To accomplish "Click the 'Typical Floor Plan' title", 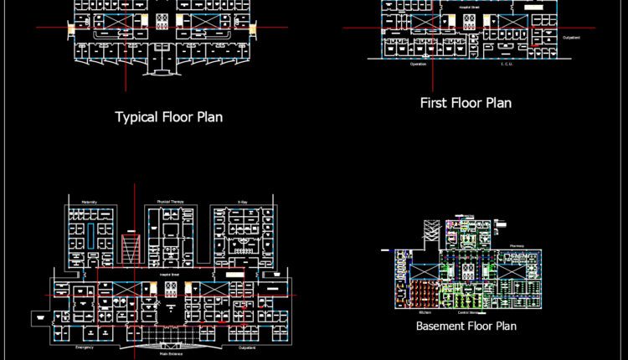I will point(168,117).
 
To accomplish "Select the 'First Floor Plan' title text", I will point(466,103).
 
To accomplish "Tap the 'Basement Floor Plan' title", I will point(466,326).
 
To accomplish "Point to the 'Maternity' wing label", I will point(90,202).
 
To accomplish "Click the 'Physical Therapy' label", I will point(170,202).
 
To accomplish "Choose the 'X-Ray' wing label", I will point(242,202).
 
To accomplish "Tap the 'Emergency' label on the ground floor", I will point(85,347).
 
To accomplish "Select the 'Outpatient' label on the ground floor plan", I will point(246,347).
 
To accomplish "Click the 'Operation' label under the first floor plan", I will point(418,64).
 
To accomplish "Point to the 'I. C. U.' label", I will point(507,64).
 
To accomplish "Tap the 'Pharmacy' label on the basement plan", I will point(517,246).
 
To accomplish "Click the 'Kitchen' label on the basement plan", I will point(425,312).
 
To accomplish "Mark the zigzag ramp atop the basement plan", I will point(430,230).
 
